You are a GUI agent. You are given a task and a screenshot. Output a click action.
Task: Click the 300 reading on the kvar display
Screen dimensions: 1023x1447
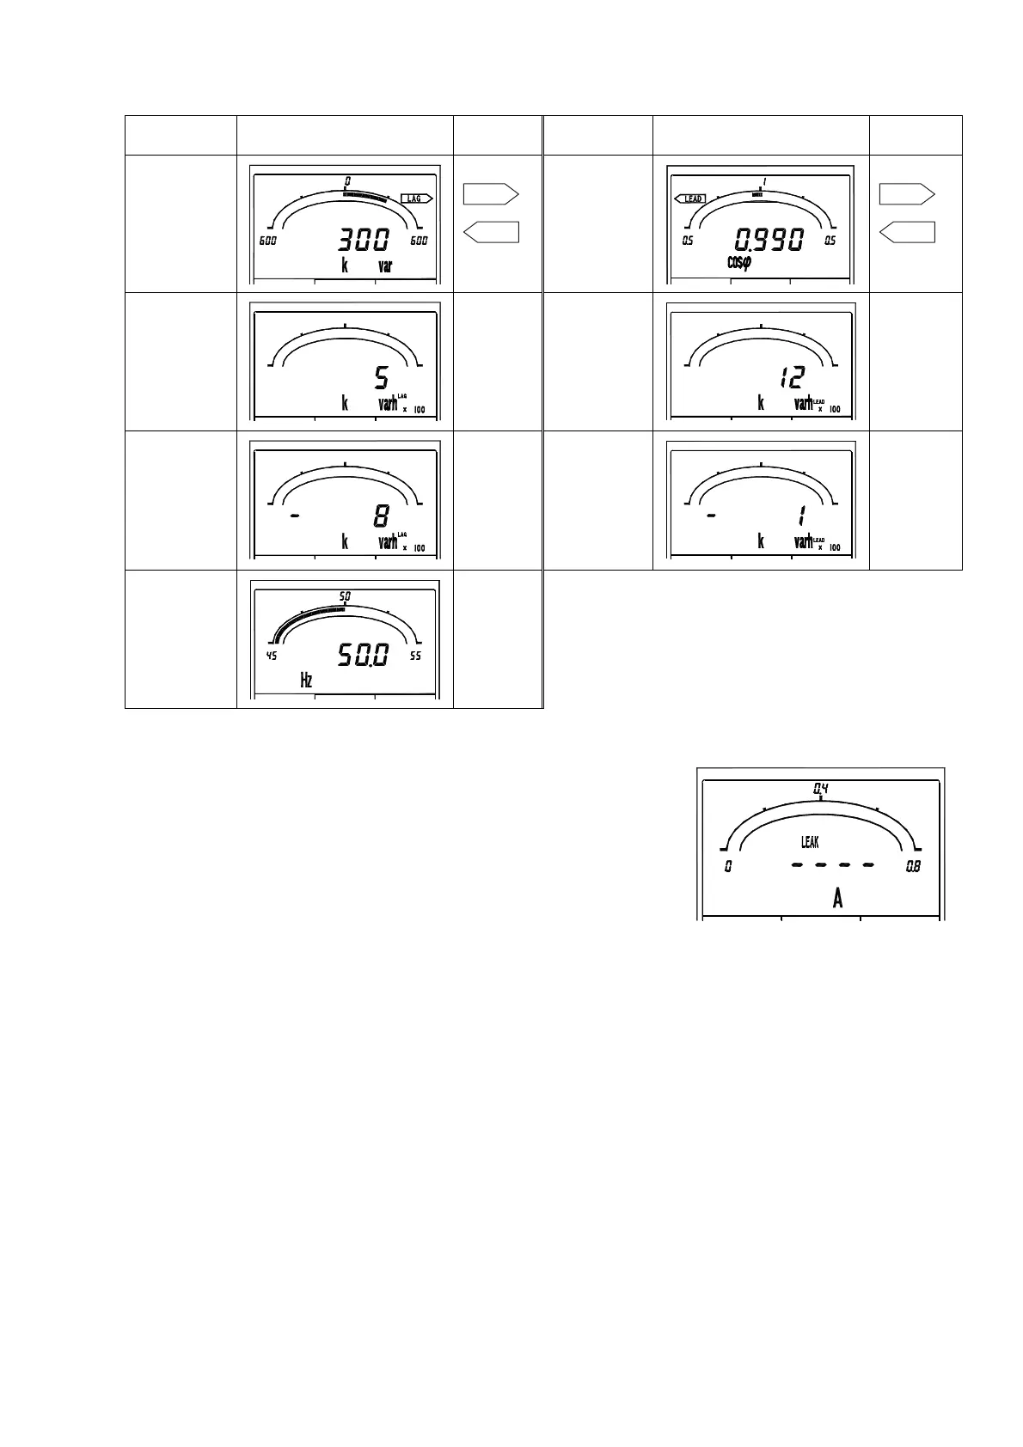pyautogui.click(x=364, y=239)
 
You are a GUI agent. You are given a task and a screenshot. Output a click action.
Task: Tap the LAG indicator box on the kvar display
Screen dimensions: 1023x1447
pyautogui.click(x=415, y=198)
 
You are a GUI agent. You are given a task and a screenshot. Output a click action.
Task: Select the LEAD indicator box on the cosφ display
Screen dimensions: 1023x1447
pyautogui.click(x=690, y=198)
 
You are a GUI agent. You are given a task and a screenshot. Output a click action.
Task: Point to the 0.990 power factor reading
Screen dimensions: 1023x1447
pyautogui.click(x=767, y=239)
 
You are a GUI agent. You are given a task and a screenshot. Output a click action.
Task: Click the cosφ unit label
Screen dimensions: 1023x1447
pyautogui.click(x=738, y=263)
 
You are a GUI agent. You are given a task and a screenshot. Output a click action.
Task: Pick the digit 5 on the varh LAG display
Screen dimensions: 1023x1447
pyautogui.click(x=382, y=377)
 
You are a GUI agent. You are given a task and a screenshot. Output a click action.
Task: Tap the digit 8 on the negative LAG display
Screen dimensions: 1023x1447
pyautogui.click(x=381, y=516)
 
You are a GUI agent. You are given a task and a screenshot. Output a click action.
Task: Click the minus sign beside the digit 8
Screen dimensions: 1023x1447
pyautogui.click(x=295, y=516)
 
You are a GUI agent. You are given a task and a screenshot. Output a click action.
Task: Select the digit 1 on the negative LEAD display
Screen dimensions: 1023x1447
pyautogui.click(x=800, y=516)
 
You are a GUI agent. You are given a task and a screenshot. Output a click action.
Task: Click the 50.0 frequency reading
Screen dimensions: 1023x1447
pyautogui.click(x=362, y=656)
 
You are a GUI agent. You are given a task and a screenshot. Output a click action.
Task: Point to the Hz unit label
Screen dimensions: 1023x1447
pyautogui.click(x=306, y=681)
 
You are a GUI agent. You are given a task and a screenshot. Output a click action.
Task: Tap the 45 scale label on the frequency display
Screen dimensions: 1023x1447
pyautogui.click(x=272, y=656)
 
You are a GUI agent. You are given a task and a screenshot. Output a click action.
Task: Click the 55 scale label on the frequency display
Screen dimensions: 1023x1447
pyautogui.click(x=416, y=656)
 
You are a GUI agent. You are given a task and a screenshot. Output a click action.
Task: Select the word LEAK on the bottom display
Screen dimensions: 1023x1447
pyautogui.click(x=810, y=842)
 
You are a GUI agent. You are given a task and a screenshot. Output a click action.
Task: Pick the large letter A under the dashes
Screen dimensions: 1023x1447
pyautogui.click(x=837, y=900)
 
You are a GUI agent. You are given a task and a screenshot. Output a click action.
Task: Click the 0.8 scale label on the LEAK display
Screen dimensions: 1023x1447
pyautogui.click(x=913, y=867)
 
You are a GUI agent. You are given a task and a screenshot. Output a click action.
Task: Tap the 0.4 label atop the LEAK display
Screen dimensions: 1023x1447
pyautogui.click(x=821, y=788)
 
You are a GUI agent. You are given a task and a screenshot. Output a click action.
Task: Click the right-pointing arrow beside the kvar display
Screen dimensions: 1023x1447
pyautogui.click(x=491, y=194)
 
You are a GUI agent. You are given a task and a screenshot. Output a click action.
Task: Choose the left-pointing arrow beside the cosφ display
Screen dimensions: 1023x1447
pyautogui.click(x=906, y=232)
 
